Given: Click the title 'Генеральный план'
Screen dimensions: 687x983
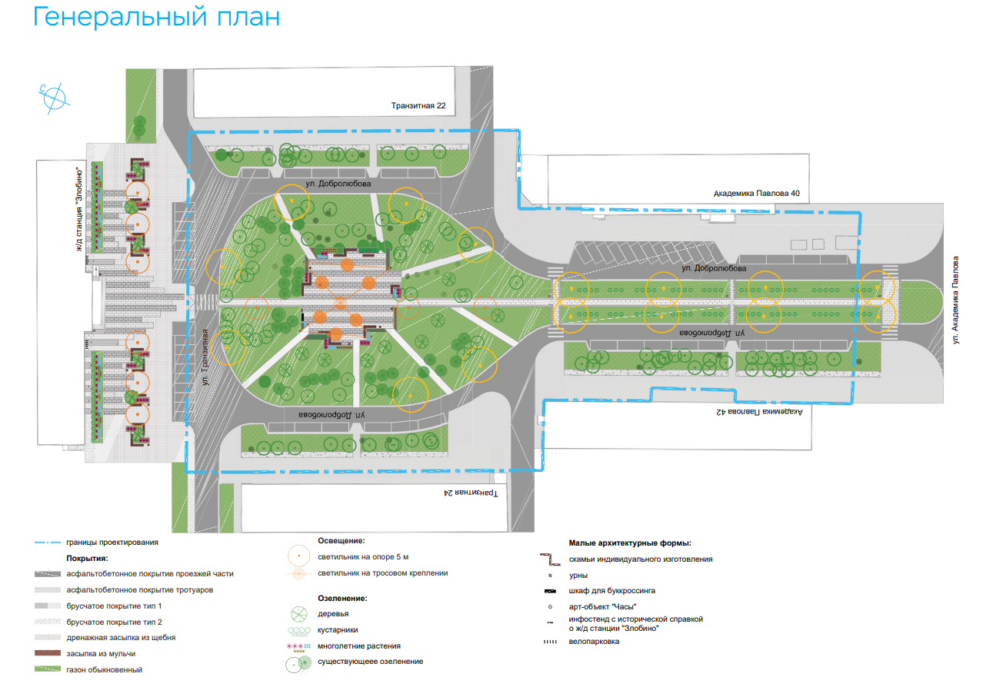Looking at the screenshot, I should (156, 17).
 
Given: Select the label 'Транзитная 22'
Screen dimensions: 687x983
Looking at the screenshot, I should (418, 105).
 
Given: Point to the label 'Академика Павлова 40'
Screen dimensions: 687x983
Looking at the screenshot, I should (757, 194).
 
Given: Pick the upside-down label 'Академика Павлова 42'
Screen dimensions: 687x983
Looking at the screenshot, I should (758, 412).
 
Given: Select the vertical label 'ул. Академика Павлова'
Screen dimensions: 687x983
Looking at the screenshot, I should (957, 299).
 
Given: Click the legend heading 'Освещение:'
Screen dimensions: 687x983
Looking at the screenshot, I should (341, 541).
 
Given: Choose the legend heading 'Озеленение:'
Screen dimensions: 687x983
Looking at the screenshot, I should (342, 597).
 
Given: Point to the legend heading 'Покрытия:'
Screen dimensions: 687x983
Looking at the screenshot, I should (87, 559).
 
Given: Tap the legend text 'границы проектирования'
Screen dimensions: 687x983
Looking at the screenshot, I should (112, 543).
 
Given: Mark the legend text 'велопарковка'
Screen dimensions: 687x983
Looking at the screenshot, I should (594, 642).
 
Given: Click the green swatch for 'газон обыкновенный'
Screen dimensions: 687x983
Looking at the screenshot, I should (48, 669).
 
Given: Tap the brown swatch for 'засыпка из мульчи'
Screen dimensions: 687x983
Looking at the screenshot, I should (48, 653).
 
